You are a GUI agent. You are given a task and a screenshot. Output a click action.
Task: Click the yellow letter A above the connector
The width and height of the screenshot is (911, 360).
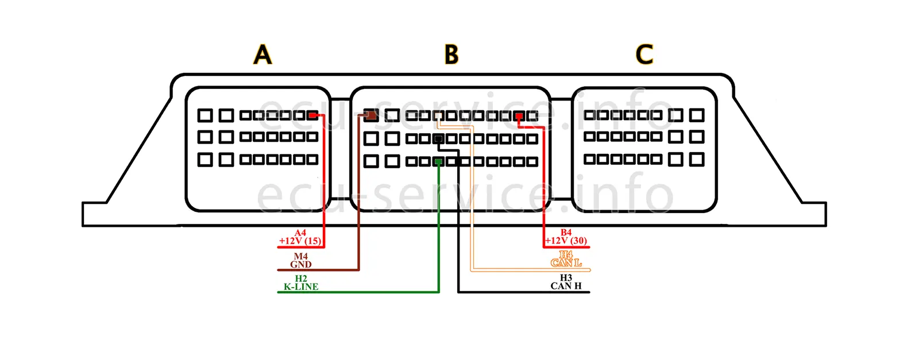point(263,55)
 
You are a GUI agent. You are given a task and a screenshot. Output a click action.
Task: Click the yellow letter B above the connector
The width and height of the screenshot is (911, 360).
point(451,55)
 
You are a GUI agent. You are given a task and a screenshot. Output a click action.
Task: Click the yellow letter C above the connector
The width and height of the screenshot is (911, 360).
point(644,55)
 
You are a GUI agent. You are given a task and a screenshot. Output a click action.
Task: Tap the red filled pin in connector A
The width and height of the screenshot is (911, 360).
point(312,115)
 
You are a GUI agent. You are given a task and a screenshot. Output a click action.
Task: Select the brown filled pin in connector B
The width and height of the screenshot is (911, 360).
point(371,115)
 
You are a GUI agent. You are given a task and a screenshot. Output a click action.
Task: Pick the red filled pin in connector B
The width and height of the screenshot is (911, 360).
point(519,117)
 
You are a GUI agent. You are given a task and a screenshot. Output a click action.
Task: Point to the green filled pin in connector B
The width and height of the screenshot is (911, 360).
point(439,162)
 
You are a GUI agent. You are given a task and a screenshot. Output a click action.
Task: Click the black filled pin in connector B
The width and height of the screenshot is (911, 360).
point(439,139)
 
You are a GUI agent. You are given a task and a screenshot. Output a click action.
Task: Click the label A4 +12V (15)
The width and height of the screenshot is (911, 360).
point(300,237)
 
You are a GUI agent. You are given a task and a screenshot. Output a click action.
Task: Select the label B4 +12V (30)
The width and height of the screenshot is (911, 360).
point(566,237)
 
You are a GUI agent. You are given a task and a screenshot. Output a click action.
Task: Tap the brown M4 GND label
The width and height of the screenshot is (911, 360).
point(300,261)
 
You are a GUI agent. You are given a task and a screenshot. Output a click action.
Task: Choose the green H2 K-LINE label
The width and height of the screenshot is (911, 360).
point(300,283)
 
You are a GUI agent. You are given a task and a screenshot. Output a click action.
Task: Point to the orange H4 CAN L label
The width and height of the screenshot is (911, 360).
point(566,259)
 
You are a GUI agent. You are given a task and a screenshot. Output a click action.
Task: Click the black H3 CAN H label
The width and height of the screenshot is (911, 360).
point(566,282)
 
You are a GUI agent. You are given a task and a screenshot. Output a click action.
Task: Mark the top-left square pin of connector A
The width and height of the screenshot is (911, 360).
point(205,115)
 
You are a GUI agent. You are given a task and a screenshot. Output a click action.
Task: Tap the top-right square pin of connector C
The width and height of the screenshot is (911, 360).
point(697,115)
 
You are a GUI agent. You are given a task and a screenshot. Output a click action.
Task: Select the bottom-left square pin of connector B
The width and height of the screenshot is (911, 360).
point(371,162)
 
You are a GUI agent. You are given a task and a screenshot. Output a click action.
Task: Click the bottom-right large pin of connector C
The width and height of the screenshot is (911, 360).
point(697,159)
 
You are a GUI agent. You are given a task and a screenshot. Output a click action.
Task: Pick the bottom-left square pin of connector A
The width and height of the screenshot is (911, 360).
point(205,160)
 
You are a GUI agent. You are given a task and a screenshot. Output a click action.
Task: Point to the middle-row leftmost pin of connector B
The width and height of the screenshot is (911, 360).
point(371,139)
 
